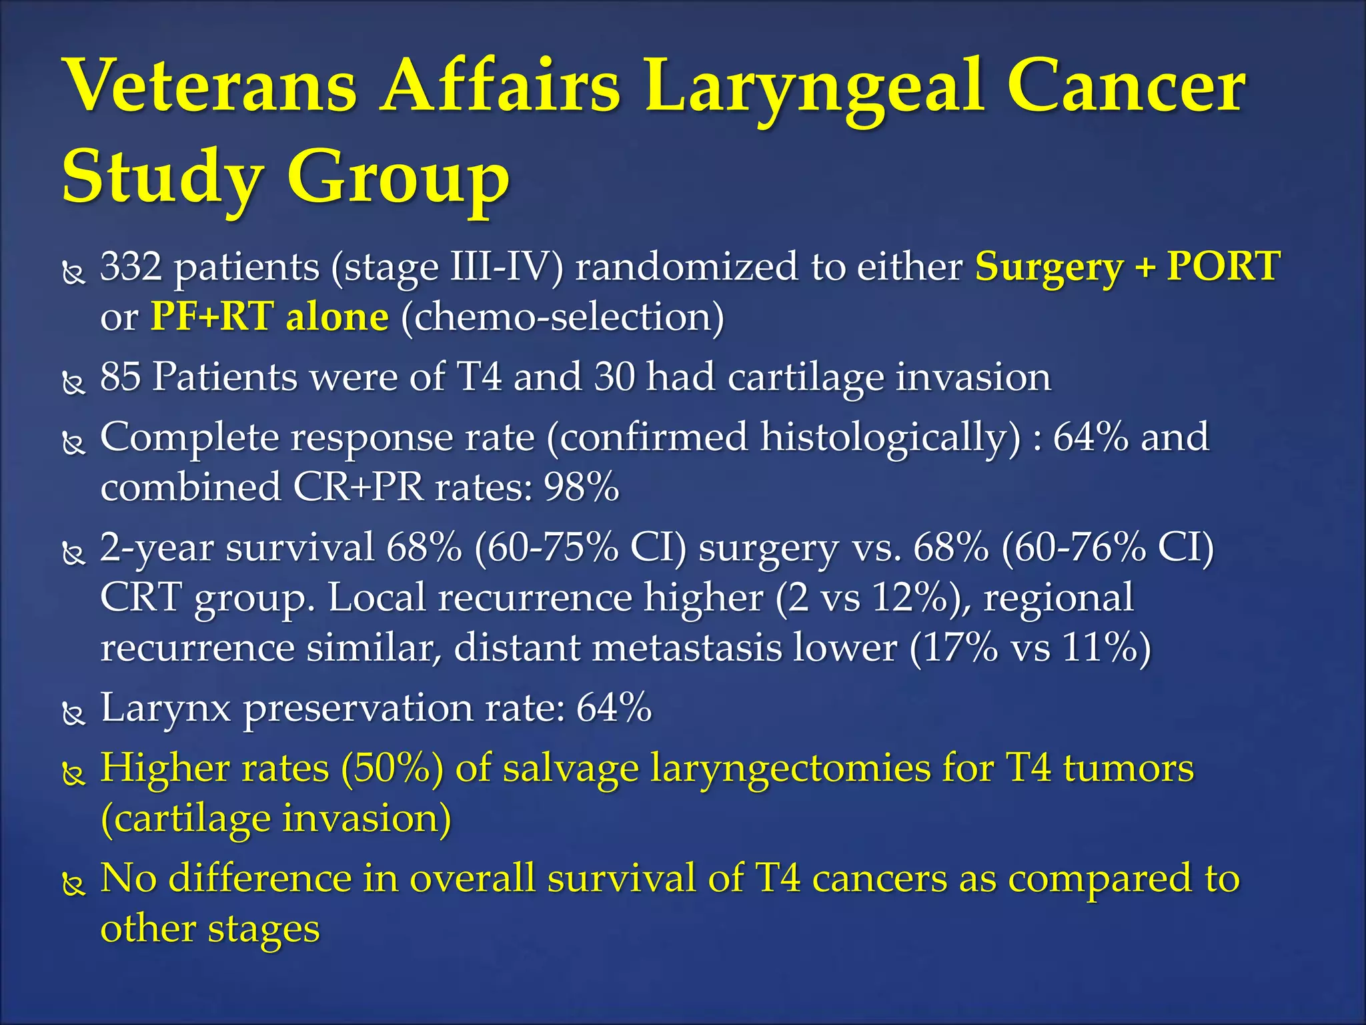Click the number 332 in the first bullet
click(x=131, y=266)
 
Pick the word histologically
click(x=890, y=438)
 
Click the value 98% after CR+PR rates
click(x=582, y=487)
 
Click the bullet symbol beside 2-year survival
click(x=73, y=553)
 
